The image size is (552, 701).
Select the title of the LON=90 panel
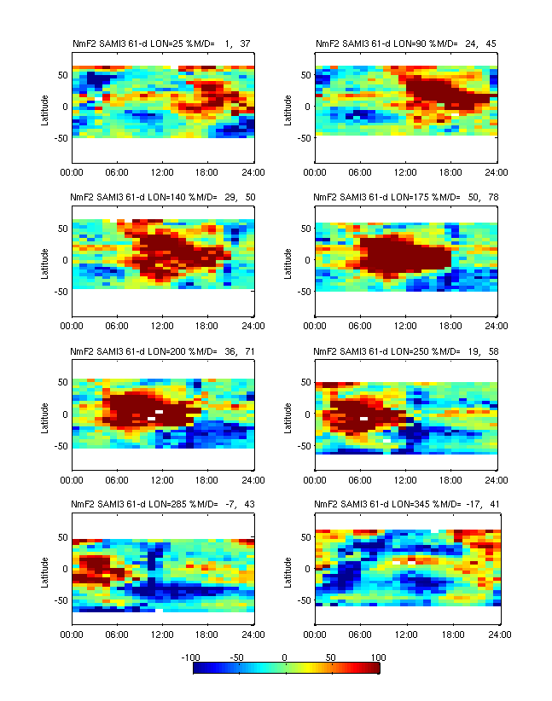(x=405, y=43)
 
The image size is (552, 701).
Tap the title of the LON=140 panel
(x=162, y=197)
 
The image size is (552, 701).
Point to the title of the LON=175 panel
(x=405, y=197)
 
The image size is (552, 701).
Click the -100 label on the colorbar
(x=192, y=658)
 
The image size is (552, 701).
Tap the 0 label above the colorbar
(x=286, y=658)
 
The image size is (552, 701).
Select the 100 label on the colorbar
(x=379, y=658)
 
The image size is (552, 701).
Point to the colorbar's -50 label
(x=239, y=658)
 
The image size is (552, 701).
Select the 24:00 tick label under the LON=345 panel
(x=498, y=634)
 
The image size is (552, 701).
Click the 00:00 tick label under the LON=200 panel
(x=73, y=480)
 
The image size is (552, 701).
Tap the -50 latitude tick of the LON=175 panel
(x=305, y=292)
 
